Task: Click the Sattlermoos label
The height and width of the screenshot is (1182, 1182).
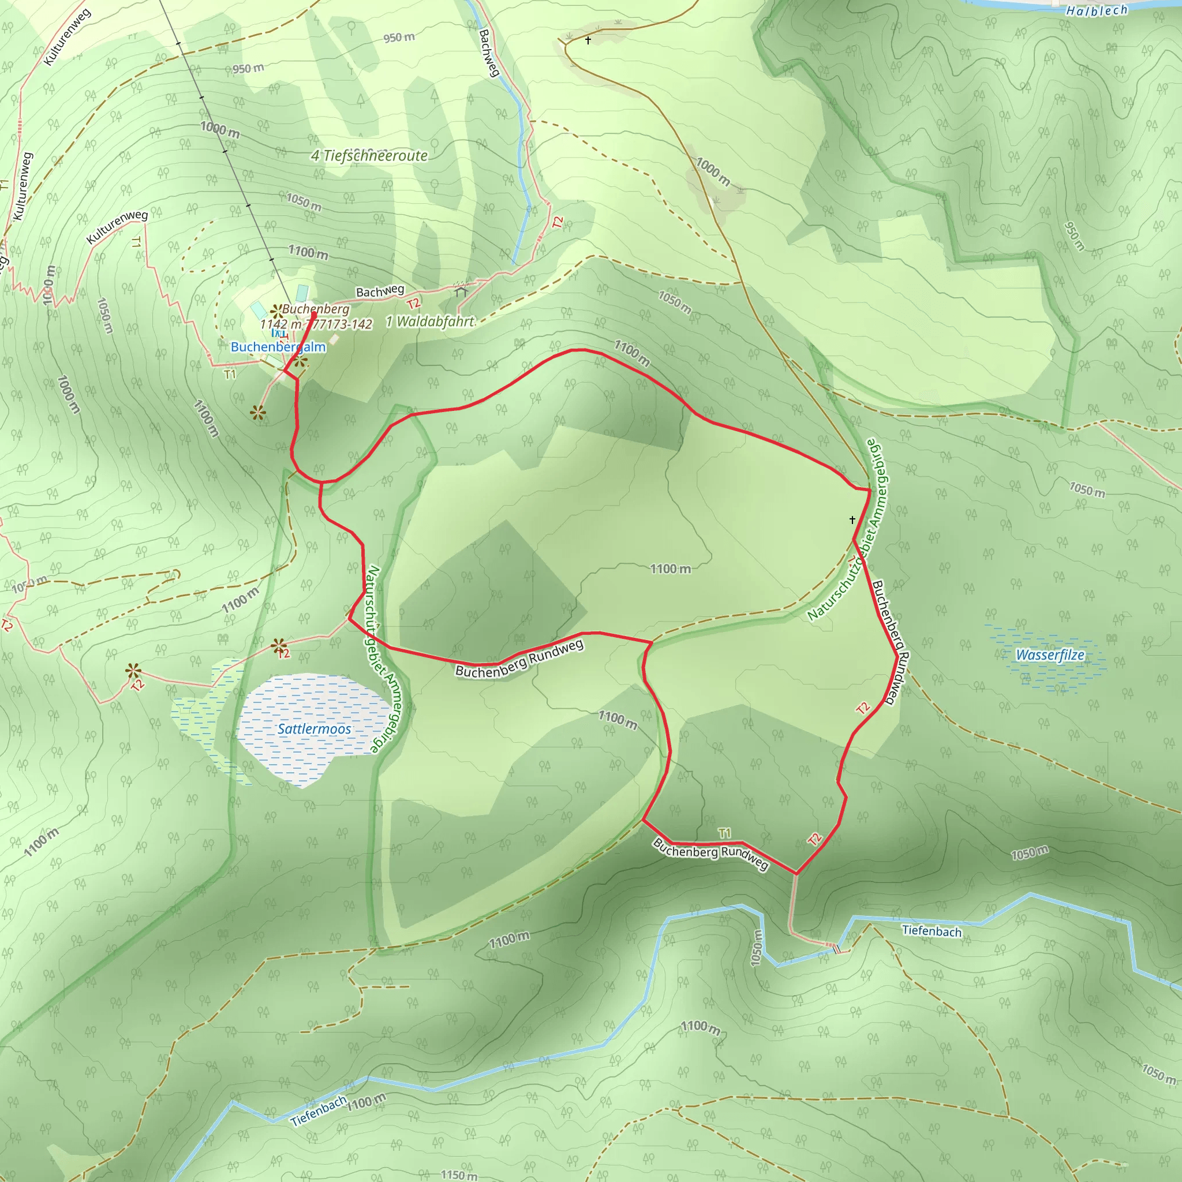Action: (x=314, y=730)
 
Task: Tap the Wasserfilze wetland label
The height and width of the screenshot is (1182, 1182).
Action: (x=1050, y=655)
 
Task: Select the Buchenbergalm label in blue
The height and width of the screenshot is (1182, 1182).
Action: (x=278, y=347)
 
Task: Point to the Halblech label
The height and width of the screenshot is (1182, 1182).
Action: (x=1097, y=10)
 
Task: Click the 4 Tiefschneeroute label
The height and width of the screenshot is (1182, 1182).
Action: (x=369, y=155)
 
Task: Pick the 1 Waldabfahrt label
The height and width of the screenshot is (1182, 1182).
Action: (x=430, y=321)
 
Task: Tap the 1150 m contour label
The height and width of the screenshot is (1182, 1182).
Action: (x=459, y=1174)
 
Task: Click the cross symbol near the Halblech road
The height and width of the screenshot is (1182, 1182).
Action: (x=588, y=40)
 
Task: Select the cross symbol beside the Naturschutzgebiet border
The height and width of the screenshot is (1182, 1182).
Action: (x=852, y=519)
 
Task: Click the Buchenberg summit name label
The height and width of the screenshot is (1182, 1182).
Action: (x=316, y=309)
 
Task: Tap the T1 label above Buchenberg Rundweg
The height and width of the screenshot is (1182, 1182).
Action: (x=724, y=833)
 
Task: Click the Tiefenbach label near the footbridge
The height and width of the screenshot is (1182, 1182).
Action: (x=931, y=930)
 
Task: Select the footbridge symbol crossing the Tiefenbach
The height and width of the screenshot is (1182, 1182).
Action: (x=836, y=949)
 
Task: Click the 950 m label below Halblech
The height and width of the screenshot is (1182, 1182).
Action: (x=1074, y=236)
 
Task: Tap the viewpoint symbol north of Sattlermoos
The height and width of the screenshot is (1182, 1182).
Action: (x=279, y=645)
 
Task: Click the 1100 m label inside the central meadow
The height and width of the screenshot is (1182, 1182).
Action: (x=670, y=569)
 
